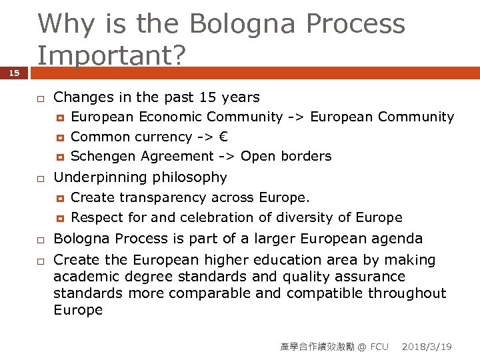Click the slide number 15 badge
click(x=14, y=73)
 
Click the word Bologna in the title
click(x=243, y=24)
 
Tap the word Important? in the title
click(x=110, y=55)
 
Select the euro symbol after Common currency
click(x=223, y=137)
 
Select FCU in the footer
click(x=379, y=347)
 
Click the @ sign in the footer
click(x=362, y=347)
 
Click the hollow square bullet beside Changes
click(x=40, y=99)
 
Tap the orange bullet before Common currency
click(x=60, y=137)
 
